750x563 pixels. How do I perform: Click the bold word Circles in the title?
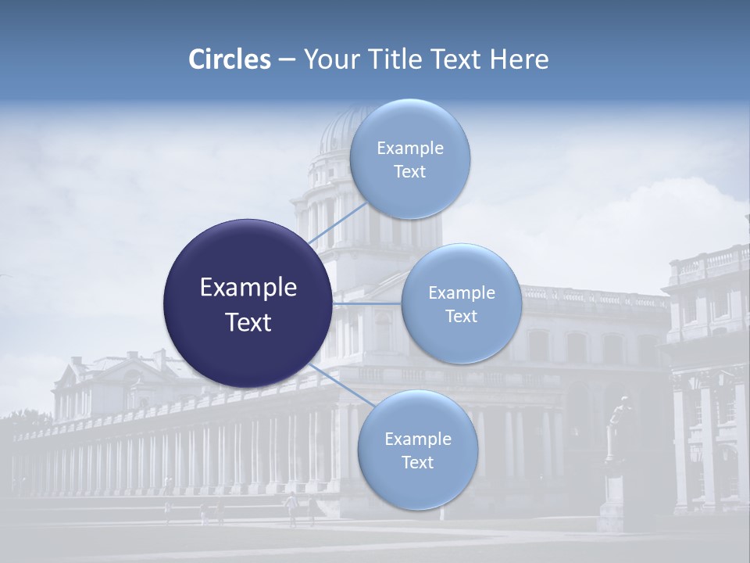click(229, 59)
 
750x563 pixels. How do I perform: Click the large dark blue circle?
click(247, 303)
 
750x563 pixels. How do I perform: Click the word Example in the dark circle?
click(248, 288)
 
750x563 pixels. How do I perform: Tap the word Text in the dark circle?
click(248, 322)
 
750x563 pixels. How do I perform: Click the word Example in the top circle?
click(410, 149)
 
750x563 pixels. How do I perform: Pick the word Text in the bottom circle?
click(417, 462)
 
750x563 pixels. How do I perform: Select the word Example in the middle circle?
click(462, 293)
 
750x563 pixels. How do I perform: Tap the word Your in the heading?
click(328, 59)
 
